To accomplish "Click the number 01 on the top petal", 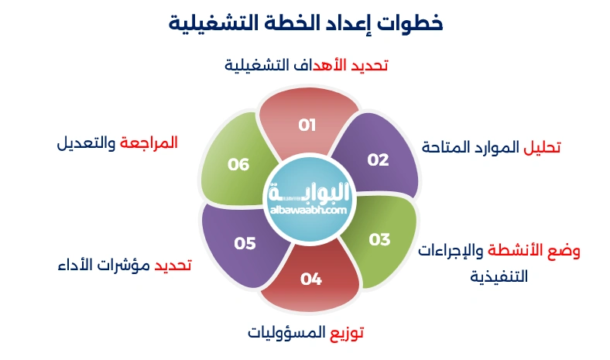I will (x=307, y=125).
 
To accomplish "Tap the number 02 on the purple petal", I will (x=378, y=160).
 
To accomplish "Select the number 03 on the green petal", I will (x=379, y=239).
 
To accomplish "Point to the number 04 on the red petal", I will (x=310, y=279).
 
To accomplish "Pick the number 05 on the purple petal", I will (x=245, y=243).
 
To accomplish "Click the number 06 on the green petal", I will (x=238, y=164).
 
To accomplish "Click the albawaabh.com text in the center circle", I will (x=310, y=209).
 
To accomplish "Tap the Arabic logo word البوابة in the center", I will (x=311, y=190).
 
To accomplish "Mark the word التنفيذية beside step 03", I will (x=499, y=275).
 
